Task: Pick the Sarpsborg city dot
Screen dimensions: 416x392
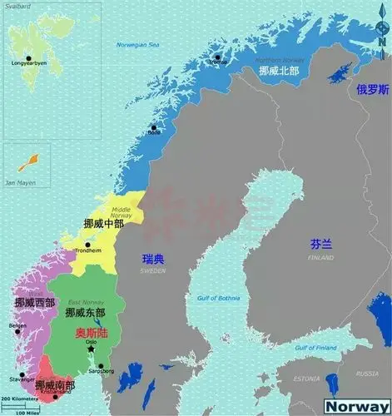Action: (100, 366)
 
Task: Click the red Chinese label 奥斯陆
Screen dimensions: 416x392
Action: (92, 333)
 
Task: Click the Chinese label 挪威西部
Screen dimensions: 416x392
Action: (35, 301)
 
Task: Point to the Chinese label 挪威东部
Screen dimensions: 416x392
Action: (85, 312)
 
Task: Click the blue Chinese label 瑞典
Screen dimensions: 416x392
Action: (153, 260)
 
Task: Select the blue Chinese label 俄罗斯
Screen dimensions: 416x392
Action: (372, 90)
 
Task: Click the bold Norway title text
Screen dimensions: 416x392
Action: (356, 405)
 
